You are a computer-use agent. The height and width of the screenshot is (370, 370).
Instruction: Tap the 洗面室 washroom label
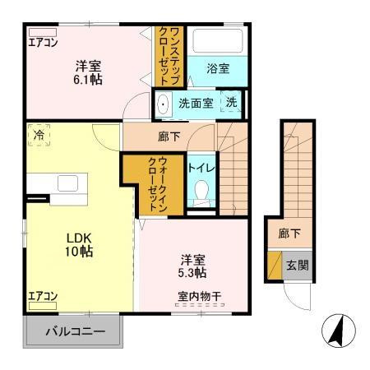tap(196, 103)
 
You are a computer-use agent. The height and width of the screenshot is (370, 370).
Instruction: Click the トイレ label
tap(201, 169)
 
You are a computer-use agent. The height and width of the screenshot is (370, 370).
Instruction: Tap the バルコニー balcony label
tap(76, 333)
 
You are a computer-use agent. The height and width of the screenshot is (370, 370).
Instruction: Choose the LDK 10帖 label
tap(79, 244)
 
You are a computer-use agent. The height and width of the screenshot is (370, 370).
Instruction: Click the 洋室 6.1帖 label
tap(90, 73)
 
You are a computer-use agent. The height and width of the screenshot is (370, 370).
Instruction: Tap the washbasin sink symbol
tap(163, 104)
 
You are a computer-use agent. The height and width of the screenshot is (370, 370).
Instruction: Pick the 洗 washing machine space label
tap(232, 103)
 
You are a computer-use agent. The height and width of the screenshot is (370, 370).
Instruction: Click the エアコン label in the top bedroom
tap(44, 43)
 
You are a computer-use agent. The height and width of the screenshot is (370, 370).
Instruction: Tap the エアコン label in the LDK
tap(42, 296)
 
